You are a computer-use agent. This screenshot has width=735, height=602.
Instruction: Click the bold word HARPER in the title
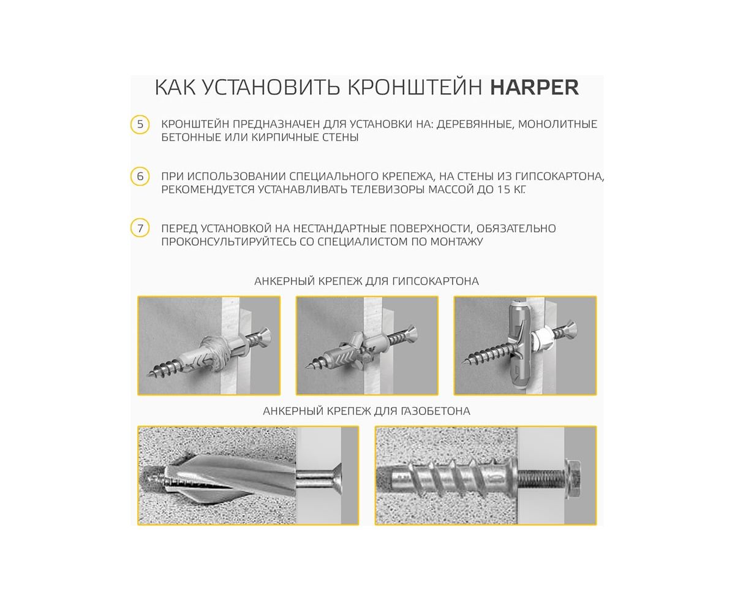(x=534, y=87)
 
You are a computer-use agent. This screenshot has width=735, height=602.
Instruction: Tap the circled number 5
(x=140, y=124)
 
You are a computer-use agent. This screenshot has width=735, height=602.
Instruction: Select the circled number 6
(x=140, y=176)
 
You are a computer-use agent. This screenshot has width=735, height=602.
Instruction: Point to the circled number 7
(x=140, y=228)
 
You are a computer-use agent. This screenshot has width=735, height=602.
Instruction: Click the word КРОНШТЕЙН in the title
(x=415, y=87)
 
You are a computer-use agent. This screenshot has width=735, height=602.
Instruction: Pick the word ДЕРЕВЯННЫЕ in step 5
(x=475, y=124)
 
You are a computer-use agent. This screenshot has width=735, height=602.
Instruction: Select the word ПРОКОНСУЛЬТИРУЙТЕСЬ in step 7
(x=229, y=242)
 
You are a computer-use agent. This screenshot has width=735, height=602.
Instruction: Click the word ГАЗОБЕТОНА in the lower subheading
(x=435, y=411)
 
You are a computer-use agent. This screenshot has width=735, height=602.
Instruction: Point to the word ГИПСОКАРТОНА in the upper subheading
(x=435, y=281)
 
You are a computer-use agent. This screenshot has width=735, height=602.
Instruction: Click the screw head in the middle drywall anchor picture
(x=412, y=333)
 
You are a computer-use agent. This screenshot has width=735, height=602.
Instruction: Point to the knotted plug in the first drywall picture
(x=216, y=352)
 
